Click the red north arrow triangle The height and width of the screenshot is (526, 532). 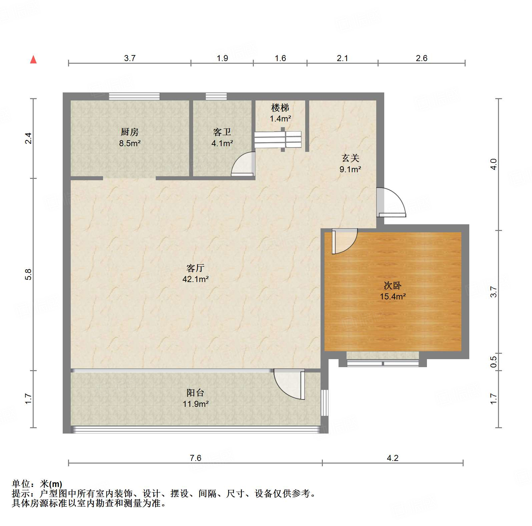point(33,60)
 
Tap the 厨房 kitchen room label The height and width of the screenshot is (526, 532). point(130,132)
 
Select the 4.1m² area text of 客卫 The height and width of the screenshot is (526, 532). point(222,144)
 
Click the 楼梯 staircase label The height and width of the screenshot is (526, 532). point(280,108)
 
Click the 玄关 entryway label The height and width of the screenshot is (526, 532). point(350,158)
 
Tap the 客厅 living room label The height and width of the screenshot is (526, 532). point(195,268)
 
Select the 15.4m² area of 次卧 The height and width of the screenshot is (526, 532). point(393,296)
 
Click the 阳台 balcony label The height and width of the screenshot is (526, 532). point(195,393)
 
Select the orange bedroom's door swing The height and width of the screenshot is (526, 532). point(345,241)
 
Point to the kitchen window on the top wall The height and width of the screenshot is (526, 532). point(134,96)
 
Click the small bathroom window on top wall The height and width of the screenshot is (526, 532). point(216,96)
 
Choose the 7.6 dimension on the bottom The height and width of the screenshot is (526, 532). point(195,458)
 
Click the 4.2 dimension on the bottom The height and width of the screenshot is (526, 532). point(393,458)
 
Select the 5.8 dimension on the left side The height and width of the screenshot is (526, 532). point(28,274)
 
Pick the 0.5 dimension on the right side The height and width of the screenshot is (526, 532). point(494,362)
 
